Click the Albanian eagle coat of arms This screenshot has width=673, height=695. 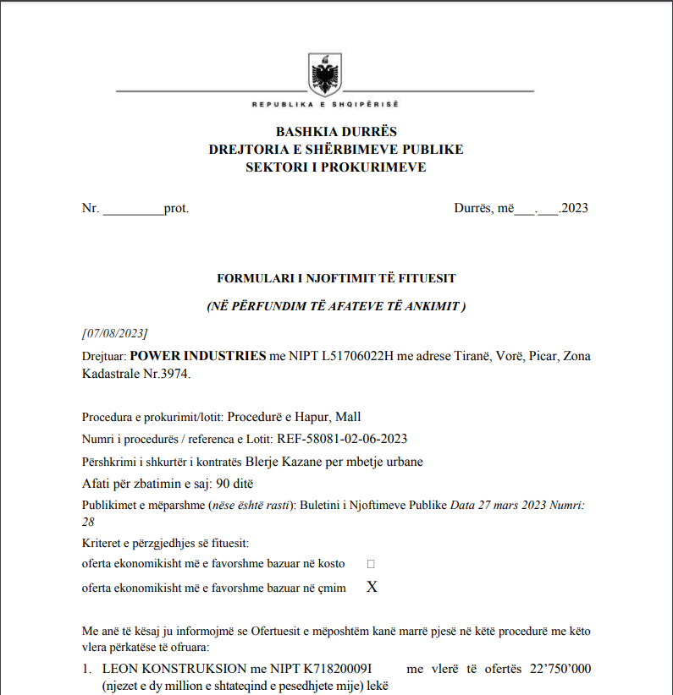[x=324, y=74]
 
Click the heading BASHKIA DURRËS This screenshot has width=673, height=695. [x=336, y=132]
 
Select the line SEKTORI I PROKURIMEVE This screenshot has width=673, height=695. [x=336, y=167]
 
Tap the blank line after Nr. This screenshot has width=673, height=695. [x=133, y=208]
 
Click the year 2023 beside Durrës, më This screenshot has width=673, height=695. [x=574, y=208]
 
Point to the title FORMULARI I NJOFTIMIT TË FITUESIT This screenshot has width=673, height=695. [x=336, y=277]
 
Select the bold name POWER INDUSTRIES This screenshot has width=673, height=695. [x=198, y=356]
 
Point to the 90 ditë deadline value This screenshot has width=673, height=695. [x=234, y=484]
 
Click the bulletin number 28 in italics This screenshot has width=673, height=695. [x=88, y=522]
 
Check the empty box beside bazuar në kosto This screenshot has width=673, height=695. [x=371, y=563]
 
